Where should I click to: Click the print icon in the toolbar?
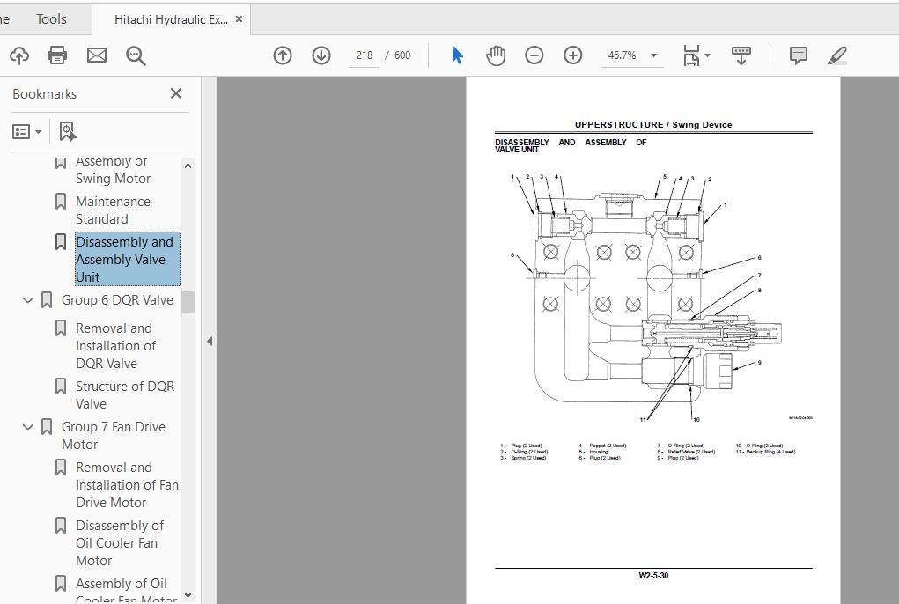click(x=57, y=55)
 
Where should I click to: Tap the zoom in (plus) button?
click(x=572, y=55)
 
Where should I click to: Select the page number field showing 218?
click(x=365, y=55)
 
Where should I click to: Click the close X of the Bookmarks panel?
click(x=175, y=93)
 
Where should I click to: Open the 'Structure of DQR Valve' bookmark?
click(x=124, y=394)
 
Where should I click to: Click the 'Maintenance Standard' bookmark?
click(x=113, y=210)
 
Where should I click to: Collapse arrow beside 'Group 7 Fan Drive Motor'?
click(x=27, y=427)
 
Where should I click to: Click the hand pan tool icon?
click(x=496, y=55)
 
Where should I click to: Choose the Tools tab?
click(x=51, y=18)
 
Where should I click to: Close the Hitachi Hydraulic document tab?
click(x=239, y=18)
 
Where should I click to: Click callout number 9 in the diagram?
click(x=759, y=362)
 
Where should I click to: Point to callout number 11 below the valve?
click(x=643, y=420)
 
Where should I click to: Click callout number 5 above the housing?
click(x=664, y=176)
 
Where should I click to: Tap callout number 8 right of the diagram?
click(x=759, y=291)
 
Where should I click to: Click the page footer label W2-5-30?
click(x=653, y=576)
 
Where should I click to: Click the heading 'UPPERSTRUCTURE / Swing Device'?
click(x=653, y=125)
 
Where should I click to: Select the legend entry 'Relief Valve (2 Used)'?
click(x=690, y=452)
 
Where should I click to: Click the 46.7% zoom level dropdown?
click(x=632, y=55)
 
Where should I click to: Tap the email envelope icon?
click(x=97, y=55)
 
